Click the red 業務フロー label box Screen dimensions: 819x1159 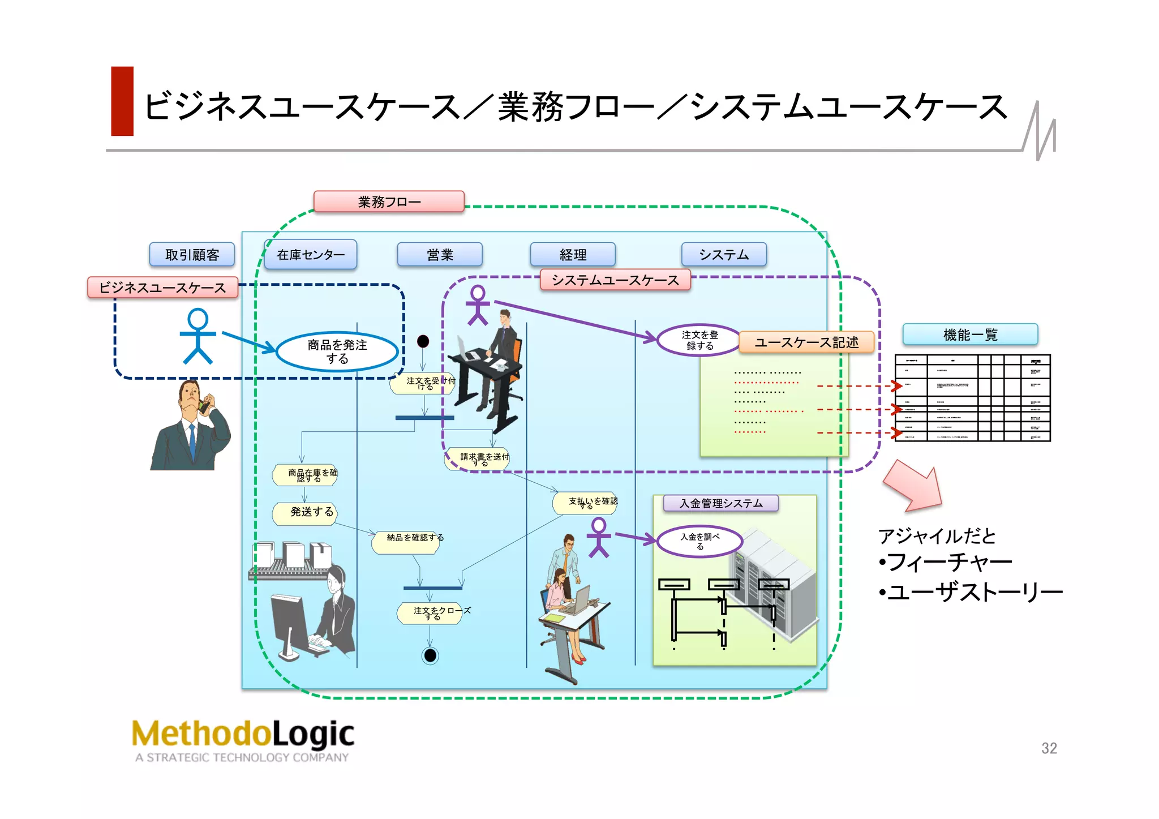tap(389, 201)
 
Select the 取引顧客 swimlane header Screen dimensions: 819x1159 tap(192, 255)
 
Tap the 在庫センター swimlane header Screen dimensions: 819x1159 tap(311, 255)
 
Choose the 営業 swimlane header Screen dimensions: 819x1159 tap(440, 255)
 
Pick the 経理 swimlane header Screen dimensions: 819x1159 tap(573, 255)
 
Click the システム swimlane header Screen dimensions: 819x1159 tap(724, 255)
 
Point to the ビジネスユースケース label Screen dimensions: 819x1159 tap(162, 288)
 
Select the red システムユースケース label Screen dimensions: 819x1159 tap(615, 280)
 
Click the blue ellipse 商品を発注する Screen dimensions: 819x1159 tap(337, 351)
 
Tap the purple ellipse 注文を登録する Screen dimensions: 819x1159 tap(699, 340)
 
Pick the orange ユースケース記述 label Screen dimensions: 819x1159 tap(806, 342)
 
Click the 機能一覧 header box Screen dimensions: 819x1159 tap(970, 335)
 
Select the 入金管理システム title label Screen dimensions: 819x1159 tap(721, 503)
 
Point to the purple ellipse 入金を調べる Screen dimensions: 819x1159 tap(700, 541)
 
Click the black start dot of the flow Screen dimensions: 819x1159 tap(423, 341)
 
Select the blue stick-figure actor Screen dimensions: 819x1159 tap(198, 336)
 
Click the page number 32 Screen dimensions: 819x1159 tap(1049, 748)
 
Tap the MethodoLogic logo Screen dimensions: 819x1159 tap(243, 739)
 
